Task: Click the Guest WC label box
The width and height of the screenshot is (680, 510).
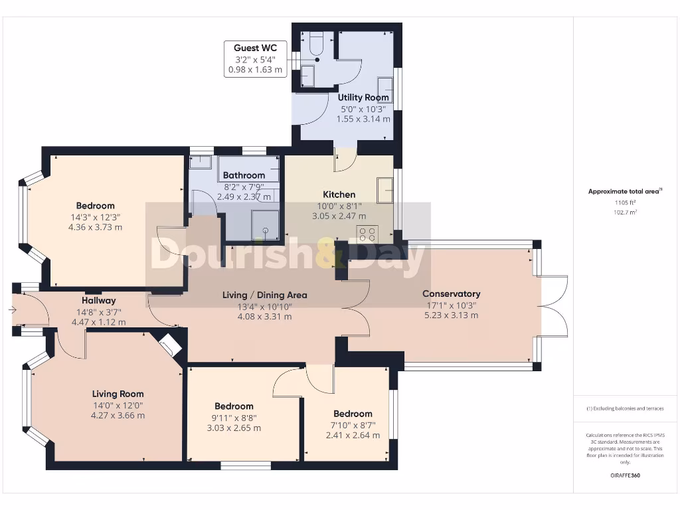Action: pyautogui.click(x=256, y=59)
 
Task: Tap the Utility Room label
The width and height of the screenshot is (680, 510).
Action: pyautogui.click(x=363, y=98)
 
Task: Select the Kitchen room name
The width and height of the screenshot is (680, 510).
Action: pyautogui.click(x=339, y=195)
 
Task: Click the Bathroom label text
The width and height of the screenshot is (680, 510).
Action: pyautogui.click(x=244, y=175)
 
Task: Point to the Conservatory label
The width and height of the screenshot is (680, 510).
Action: pyautogui.click(x=452, y=294)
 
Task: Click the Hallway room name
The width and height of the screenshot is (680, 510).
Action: pyautogui.click(x=99, y=301)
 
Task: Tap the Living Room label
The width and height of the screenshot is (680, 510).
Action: pyautogui.click(x=118, y=394)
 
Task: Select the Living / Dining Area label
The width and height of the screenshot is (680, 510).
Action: pyautogui.click(x=264, y=296)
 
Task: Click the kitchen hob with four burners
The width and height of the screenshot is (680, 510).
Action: pyautogui.click(x=367, y=234)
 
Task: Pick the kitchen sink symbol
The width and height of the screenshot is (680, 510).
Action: pyautogui.click(x=384, y=190)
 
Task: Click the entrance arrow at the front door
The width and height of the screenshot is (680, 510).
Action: pyautogui.click(x=12, y=309)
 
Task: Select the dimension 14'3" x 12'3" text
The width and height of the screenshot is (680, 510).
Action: pyautogui.click(x=96, y=217)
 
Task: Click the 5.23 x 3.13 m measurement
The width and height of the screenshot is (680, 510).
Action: pyautogui.click(x=452, y=315)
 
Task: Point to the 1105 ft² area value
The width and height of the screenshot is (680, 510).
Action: pyautogui.click(x=625, y=203)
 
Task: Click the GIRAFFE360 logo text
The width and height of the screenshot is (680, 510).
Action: pyautogui.click(x=625, y=475)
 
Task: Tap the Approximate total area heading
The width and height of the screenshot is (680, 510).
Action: pyautogui.click(x=625, y=191)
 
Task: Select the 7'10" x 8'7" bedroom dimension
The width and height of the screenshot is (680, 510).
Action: pyautogui.click(x=353, y=426)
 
